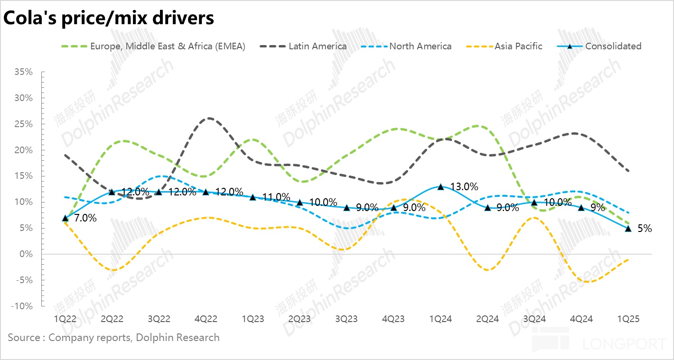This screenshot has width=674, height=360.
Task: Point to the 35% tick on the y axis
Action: coord(23,72)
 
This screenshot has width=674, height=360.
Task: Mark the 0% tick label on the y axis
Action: coord(26,254)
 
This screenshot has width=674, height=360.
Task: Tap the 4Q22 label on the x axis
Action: coord(206,319)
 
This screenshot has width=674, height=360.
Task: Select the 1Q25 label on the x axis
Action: coord(628,319)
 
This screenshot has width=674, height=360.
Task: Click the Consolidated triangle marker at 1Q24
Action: coord(441,187)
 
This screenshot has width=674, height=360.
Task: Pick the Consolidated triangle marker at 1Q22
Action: coord(65,218)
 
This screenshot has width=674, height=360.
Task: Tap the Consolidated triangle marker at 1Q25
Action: coord(628,229)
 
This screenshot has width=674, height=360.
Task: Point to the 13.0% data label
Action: coord(464,187)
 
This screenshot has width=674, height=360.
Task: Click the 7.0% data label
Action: coord(85,219)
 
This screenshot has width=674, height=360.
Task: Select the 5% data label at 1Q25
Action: coord(645,229)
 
